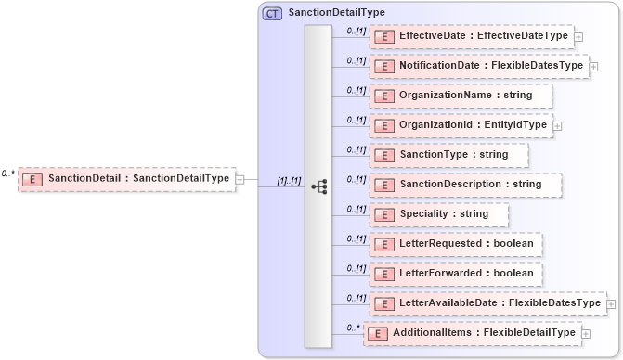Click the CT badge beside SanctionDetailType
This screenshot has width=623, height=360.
click(x=272, y=13)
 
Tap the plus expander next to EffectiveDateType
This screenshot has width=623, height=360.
click(x=578, y=36)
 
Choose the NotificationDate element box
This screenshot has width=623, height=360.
click(x=479, y=66)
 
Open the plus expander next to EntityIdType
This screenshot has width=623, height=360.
click(x=557, y=125)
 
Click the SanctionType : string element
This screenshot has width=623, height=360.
click(x=449, y=155)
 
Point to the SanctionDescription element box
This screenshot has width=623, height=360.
click(x=466, y=185)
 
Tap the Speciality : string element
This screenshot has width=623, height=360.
click(x=439, y=214)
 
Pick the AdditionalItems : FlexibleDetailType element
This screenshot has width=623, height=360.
click(x=473, y=333)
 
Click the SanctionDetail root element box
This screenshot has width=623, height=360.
click(x=125, y=178)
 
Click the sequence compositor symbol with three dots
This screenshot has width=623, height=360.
click(x=318, y=186)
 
